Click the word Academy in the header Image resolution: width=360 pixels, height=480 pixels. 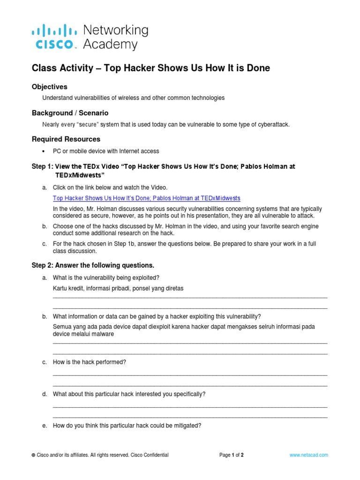pyautogui.click(x=110, y=45)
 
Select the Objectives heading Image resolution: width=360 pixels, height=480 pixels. pyautogui.click(x=49, y=87)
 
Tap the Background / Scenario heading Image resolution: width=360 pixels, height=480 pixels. pyautogui.click(x=70, y=113)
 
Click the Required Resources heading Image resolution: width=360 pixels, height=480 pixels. pyautogui.click(x=66, y=139)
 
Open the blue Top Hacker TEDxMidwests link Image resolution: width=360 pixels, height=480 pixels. pyautogui.click(x=146, y=198)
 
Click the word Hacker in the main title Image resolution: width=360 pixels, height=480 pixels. pyautogui.click(x=136, y=68)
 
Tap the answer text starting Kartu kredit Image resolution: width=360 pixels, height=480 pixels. pyautogui.click(x=118, y=288)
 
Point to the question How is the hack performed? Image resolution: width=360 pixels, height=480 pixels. pyautogui.click(x=90, y=362)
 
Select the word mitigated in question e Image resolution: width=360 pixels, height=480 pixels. pyautogui.click(x=187, y=426)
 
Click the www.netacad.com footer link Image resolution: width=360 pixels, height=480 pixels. pyautogui.click(x=308, y=455)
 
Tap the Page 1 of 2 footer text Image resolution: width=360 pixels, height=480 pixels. pyautogui.click(x=232, y=455)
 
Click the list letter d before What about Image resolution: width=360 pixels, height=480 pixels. pyautogui.click(x=45, y=394)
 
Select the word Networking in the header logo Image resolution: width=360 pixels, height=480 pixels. pyautogui.click(x=115, y=30)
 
